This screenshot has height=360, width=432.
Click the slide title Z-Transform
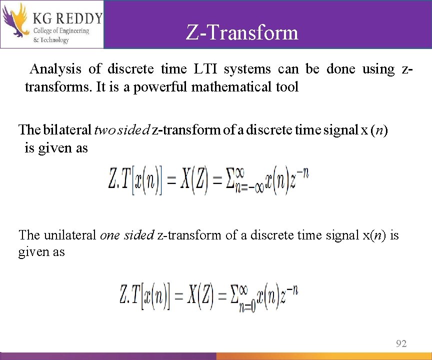(242, 33)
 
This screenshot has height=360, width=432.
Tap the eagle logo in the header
(14, 21)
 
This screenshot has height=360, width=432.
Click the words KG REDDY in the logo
(67, 18)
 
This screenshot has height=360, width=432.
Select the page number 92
(401, 343)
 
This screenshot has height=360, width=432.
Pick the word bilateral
(67, 130)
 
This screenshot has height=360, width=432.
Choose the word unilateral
(71, 234)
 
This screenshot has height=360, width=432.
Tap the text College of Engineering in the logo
(61, 31)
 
